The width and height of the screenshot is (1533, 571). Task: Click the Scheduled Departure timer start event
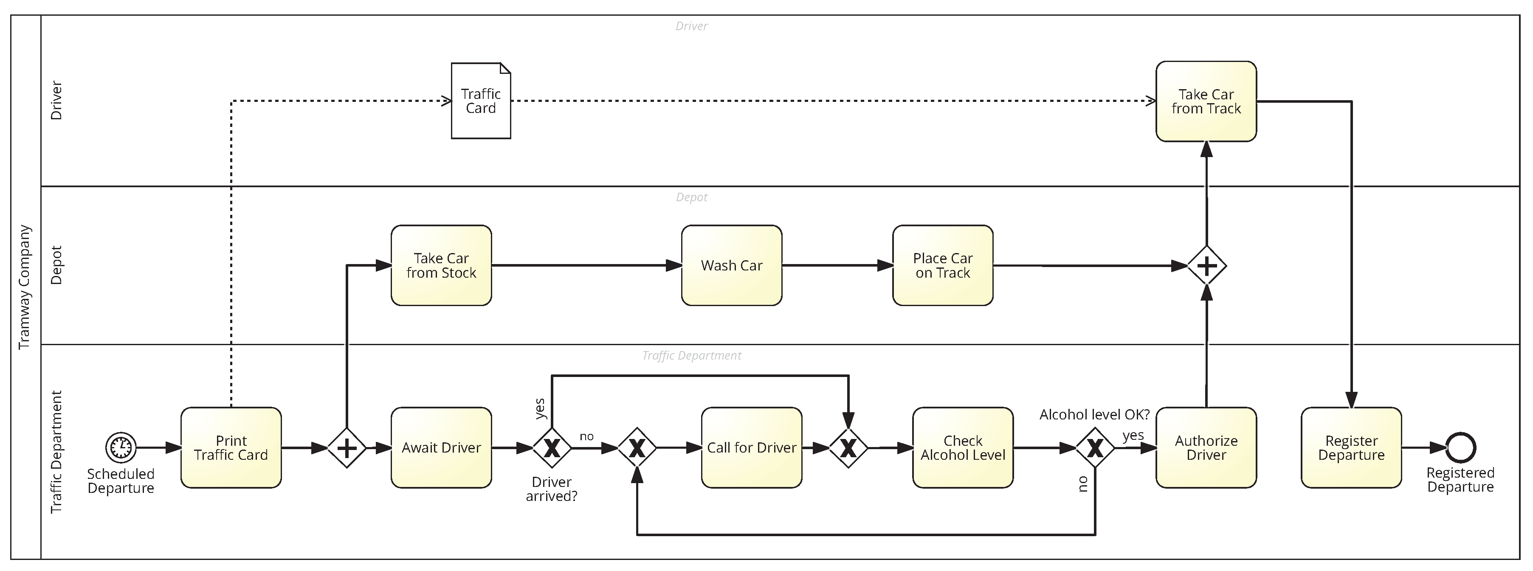(x=121, y=447)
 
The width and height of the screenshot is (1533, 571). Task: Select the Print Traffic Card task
(x=231, y=448)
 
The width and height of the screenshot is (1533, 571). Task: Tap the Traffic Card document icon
(x=481, y=101)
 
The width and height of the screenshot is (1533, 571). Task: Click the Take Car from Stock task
(x=441, y=265)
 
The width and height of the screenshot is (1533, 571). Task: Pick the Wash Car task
(x=731, y=265)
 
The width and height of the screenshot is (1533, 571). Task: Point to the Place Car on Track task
(x=943, y=265)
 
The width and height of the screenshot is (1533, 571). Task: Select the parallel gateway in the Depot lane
(x=1206, y=266)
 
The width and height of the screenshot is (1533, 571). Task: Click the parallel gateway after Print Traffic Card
(x=347, y=448)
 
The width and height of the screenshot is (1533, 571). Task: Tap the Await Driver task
(x=441, y=448)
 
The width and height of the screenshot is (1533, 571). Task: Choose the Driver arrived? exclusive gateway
(x=552, y=448)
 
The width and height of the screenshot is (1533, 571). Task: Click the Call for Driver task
(x=751, y=448)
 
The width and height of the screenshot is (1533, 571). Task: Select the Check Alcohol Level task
(x=962, y=448)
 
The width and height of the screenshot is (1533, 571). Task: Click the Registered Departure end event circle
(x=1460, y=448)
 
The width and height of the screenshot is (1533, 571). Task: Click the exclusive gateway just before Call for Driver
(x=637, y=448)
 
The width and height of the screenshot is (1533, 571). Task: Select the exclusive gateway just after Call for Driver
(x=848, y=448)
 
